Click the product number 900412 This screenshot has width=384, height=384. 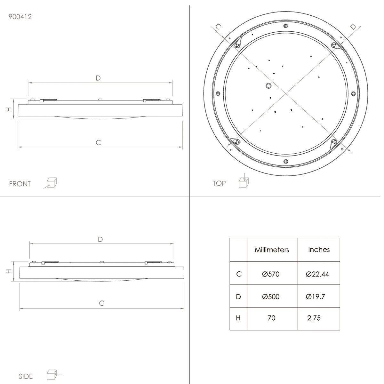(x=20, y=17)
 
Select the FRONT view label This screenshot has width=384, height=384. (x=20, y=184)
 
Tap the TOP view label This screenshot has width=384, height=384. (x=219, y=183)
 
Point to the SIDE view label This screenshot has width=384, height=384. (x=26, y=376)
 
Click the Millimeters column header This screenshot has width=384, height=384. (x=272, y=250)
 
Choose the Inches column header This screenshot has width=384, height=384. (x=319, y=250)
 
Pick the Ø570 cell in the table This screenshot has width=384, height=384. (x=271, y=274)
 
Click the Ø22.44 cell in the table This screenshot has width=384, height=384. (x=317, y=274)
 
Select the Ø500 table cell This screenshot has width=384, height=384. (x=271, y=297)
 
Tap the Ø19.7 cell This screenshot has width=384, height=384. (x=315, y=297)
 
